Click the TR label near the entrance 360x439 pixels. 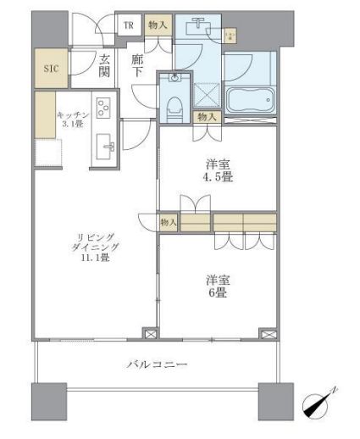tap(129, 25)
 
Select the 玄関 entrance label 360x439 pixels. tap(104, 66)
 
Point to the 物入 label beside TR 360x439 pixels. tap(158, 26)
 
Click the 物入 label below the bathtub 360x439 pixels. tap(206, 116)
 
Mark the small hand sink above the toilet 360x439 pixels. tap(174, 78)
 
